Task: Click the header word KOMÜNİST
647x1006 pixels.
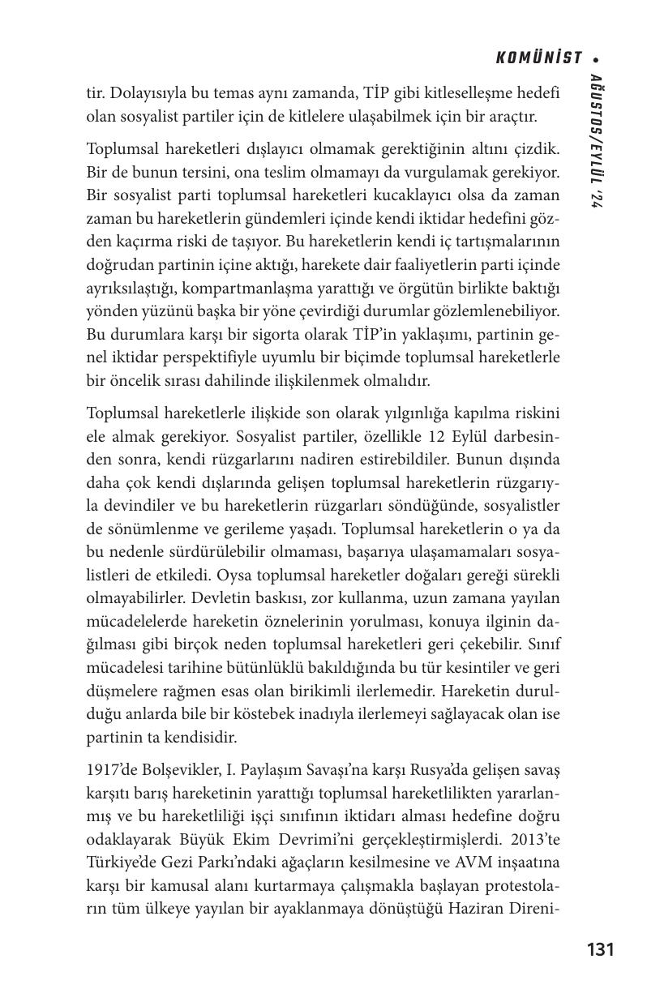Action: [539, 58]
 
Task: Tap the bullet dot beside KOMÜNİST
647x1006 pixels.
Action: [596, 58]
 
